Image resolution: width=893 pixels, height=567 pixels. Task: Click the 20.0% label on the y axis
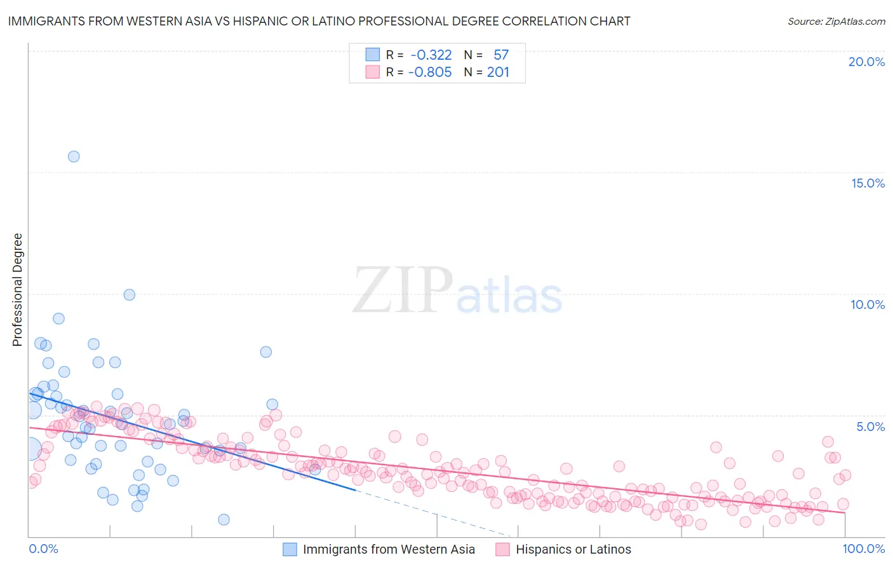click(866, 62)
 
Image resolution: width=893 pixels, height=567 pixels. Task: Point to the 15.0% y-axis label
click(868, 183)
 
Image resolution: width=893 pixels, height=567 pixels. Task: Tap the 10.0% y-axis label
click(868, 304)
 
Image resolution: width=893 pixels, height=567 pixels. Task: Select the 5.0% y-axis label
click(870, 427)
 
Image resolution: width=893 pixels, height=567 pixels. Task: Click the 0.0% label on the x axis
click(43, 549)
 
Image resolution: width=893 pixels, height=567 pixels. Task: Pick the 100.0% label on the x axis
click(863, 549)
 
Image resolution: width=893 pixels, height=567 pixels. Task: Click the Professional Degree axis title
click(17, 290)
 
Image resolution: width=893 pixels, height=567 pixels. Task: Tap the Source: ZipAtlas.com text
click(836, 22)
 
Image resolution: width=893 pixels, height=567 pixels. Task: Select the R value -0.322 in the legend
click(431, 55)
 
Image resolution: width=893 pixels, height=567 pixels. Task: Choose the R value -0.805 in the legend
click(429, 72)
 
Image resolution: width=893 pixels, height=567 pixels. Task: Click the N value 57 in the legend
click(500, 55)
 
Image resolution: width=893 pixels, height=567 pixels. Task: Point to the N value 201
click(498, 72)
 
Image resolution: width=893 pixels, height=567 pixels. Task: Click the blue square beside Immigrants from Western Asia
click(290, 549)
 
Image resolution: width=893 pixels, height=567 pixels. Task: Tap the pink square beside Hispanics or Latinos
click(502, 549)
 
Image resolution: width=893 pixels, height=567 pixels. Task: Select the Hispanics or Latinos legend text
click(573, 549)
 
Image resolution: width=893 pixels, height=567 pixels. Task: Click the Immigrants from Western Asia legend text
click(389, 549)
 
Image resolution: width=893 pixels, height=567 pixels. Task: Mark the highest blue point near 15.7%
click(74, 156)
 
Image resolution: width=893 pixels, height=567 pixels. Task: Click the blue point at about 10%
click(129, 294)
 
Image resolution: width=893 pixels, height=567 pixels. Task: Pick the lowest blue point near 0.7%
click(224, 519)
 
